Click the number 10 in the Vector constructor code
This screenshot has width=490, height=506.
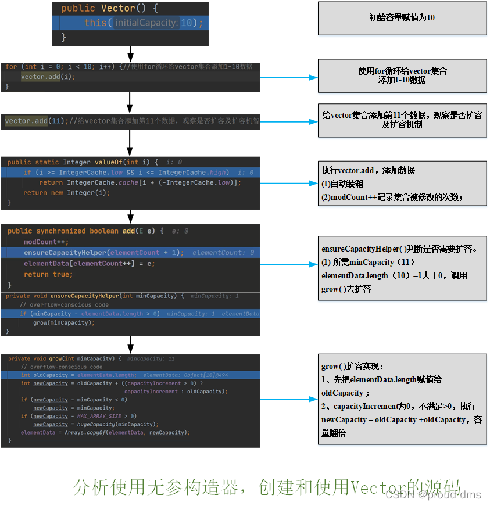(x=188, y=23)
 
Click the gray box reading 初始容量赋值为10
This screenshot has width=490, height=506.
(x=402, y=18)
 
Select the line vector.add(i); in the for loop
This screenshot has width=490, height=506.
(x=48, y=77)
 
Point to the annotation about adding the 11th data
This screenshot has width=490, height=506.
(x=402, y=120)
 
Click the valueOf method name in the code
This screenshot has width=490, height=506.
(x=109, y=162)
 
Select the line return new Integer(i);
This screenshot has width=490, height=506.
(x=66, y=193)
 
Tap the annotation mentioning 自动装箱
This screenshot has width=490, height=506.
(x=402, y=184)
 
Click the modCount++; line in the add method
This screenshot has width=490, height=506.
(x=46, y=242)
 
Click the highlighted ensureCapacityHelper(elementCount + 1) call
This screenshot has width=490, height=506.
(x=103, y=253)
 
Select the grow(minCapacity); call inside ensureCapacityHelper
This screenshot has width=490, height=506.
(x=63, y=322)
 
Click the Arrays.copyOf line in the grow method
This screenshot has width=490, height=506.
(x=105, y=432)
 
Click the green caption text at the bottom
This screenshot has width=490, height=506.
(x=267, y=487)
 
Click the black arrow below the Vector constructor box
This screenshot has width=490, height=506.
(x=130, y=54)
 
